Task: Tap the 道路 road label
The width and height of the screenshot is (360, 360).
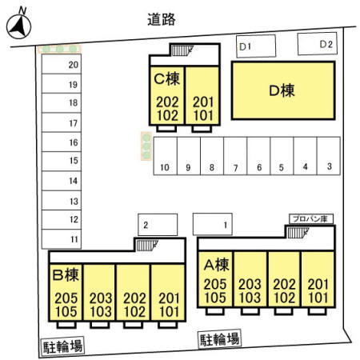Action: [x=162, y=19]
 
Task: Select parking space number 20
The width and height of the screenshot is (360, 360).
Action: [x=62, y=64]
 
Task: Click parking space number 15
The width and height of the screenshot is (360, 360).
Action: [x=62, y=162]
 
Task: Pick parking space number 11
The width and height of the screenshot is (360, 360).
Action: [x=62, y=239]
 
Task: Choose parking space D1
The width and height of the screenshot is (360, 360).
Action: [x=256, y=46]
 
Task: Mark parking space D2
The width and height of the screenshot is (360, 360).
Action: [x=318, y=44]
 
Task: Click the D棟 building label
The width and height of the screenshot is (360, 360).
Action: [x=282, y=90]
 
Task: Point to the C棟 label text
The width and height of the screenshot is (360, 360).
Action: [x=167, y=78]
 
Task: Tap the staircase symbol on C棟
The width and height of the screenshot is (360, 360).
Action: [x=182, y=50]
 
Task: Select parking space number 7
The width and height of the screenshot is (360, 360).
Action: [x=235, y=156]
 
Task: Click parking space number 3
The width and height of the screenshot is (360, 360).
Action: [x=329, y=156]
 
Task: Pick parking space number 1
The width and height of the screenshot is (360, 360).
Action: [x=213, y=224]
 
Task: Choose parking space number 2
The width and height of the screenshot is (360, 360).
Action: [x=158, y=225]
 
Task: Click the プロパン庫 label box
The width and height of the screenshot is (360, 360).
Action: [x=311, y=219]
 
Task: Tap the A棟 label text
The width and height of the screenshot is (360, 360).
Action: [x=216, y=265]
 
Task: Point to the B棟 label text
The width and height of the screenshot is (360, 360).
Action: [x=66, y=275]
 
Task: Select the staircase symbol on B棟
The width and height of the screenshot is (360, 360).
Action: [x=147, y=246]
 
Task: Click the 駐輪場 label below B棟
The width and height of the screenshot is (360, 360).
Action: [x=62, y=346]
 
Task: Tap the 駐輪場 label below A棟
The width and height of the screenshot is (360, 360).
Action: [x=220, y=339]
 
